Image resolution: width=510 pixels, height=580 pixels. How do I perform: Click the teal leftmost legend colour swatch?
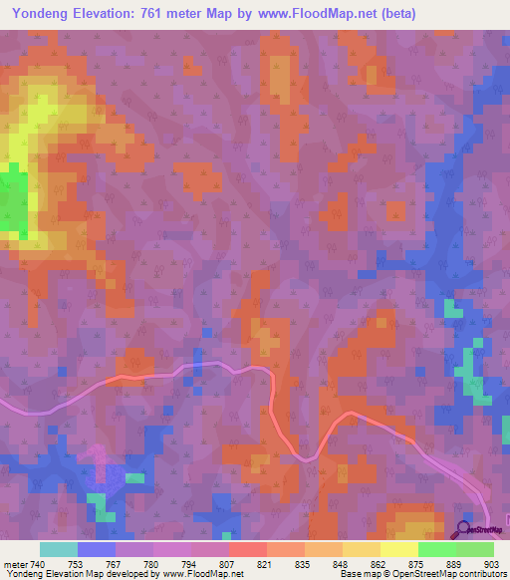(58, 549)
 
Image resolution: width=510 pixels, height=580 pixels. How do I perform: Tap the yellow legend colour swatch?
(398, 549)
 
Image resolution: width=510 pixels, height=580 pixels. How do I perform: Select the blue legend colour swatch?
(96, 549)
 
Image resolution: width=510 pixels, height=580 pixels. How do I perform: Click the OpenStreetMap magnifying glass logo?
(463, 529)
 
